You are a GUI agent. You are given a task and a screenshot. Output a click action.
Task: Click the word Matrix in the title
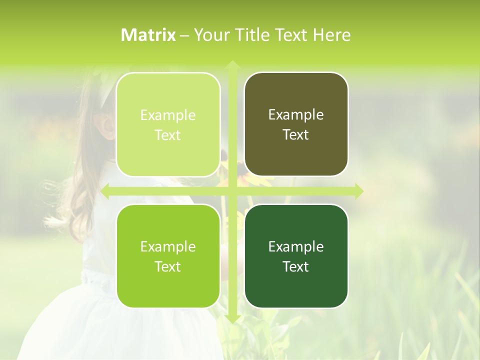point(148,34)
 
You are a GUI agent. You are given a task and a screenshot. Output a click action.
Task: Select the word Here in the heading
point(331,34)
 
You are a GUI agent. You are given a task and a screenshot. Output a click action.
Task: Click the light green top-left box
point(168,124)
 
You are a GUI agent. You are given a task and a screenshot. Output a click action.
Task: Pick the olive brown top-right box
point(296,124)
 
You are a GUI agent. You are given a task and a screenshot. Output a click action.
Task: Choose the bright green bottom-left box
point(168,256)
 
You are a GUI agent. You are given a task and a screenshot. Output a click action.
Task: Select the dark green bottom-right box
point(296,256)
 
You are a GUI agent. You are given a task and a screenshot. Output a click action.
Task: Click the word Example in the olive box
point(296,115)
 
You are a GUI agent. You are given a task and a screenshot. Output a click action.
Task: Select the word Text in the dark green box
point(296,267)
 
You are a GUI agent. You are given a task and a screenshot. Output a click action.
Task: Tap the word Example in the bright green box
point(168,247)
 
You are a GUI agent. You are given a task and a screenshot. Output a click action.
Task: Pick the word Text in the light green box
point(168,135)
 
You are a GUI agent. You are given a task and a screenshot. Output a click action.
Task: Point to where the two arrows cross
point(232,191)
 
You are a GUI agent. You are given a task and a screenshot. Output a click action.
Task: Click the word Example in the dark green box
point(296,247)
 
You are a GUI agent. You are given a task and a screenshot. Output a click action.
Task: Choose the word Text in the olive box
point(296,135)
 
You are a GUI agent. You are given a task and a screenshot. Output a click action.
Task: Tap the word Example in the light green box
point(168,115)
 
